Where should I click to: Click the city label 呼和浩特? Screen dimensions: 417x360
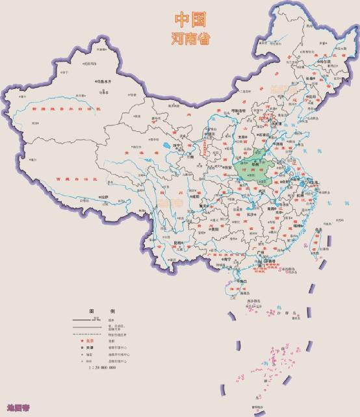point(238,111)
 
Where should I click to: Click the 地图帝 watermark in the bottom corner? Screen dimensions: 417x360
point(14,407)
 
